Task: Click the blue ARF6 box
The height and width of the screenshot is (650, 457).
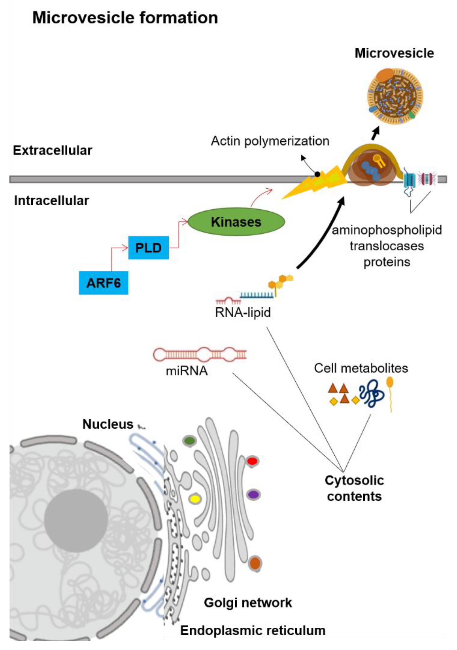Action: (x=103, y=283)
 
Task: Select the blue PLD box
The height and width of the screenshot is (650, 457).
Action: (x=148, y=248)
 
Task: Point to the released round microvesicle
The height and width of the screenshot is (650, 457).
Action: (x=395, y=96)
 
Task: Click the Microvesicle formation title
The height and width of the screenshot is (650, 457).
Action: (x=125, y=18)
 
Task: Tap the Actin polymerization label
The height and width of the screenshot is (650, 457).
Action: (x=270, y=141)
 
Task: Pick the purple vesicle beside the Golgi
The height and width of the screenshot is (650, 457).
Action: (x=253, y=495)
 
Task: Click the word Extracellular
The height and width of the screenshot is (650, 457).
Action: (x=52, y=150)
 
